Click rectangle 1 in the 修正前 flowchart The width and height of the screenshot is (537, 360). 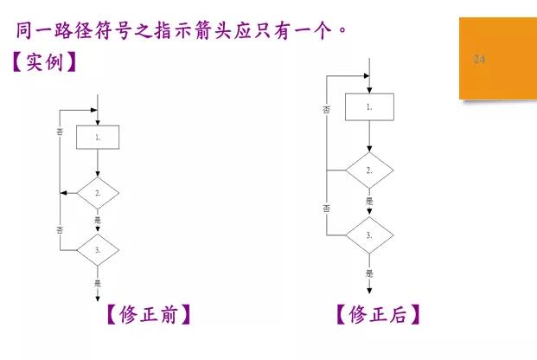tap(98, 137)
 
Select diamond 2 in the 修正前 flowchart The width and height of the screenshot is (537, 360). tap(98, 193)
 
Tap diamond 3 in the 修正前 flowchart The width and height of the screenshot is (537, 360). tap(98, 250)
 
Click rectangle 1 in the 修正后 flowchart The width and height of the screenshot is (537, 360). tap(369, 107)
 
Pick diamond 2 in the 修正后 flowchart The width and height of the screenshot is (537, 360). tap(369, 170)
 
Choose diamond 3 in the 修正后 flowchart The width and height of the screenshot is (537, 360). tap(369, 235)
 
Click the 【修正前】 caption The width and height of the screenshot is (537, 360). tap(148, 314)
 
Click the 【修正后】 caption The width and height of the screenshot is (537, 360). tap(378, 314)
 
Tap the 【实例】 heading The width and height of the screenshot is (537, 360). tap(44, 61)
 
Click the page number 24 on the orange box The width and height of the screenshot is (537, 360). tap(479, 59)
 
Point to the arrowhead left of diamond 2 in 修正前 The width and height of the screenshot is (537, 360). tap(64, 193)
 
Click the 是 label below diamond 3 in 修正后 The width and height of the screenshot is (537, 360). tap(369, 273)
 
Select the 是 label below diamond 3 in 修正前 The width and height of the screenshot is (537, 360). tap(98, 283)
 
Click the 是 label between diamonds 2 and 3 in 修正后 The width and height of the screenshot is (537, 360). tap(369, 201)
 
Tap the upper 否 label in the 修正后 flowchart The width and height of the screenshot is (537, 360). tap(326, 110)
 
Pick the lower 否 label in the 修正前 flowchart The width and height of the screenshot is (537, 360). tap(60, 229)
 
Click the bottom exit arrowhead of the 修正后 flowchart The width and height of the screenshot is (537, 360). tap(369, 291)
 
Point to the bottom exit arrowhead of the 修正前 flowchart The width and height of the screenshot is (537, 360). tap(98, 299)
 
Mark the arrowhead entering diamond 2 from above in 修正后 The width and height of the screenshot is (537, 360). tap(369, 149)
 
